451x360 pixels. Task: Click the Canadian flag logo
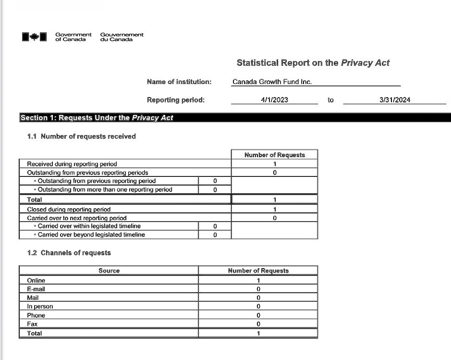[34, 37]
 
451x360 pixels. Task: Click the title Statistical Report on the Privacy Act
[313, 63]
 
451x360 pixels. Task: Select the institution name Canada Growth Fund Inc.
[272, 82]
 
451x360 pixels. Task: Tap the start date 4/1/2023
[274, 100]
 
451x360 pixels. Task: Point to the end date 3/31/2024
[394, 100]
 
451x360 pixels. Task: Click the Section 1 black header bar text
[97, 118]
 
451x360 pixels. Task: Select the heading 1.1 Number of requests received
[81, 137]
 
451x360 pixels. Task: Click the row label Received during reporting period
[72, 164]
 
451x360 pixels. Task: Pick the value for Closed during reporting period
[274, 210]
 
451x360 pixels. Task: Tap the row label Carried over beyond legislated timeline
[91, 235]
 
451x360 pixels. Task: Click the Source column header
[109, 271]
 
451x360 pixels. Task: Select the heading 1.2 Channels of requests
[69, 253]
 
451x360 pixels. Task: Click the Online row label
[36, 280]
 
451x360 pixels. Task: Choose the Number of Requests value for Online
[258, 280]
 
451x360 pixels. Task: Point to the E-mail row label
[36, 289]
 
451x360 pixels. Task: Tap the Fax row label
[32, 324]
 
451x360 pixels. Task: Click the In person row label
[40, 307]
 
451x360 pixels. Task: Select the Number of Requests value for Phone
[258, 315]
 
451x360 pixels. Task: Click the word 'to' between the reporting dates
[330, 100]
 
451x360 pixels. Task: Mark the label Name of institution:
[179, 82]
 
